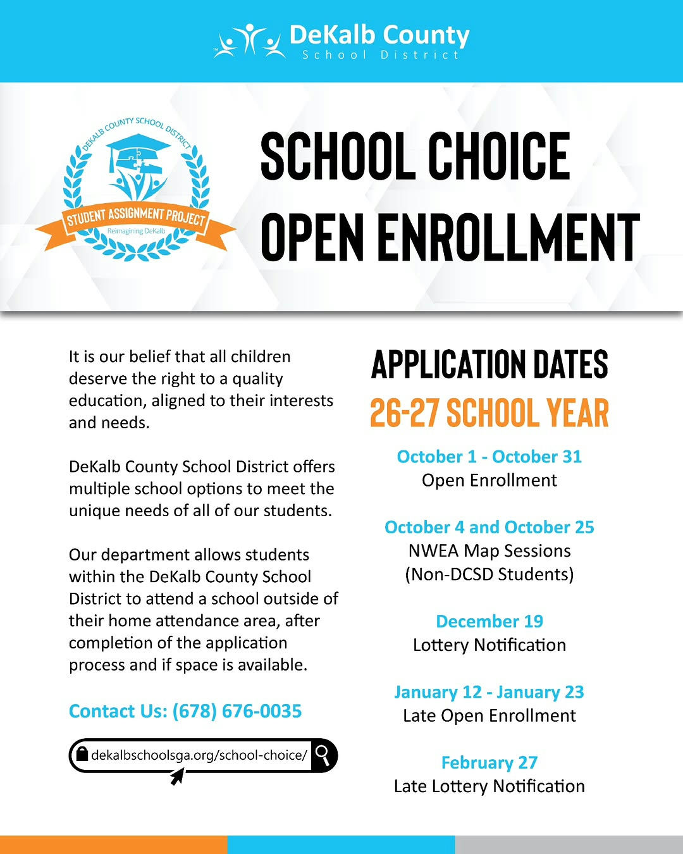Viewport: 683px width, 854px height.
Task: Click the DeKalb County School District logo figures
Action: pyautogui.click(x=249, y=42)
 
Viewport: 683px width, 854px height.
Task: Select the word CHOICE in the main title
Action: pyautogui.click(x=499, y=156)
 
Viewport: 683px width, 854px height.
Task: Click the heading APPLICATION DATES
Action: pyautogui.click(x=489, y=365)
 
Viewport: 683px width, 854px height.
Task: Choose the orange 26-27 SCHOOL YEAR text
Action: pyautogui.click(x=489, y=413)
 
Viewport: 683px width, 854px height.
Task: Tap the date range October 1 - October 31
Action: pyautogui.click(x=489, y=457)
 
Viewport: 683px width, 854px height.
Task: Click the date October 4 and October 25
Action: pyautogui.click(x=489, y=528)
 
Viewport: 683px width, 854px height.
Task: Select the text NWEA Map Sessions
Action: pyautogui.click(x=489, y=551)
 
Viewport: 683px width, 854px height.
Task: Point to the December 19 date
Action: pyautogui.click(x=489, y=621)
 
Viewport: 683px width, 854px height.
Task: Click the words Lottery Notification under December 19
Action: pyautogui.click(x=489, y=645)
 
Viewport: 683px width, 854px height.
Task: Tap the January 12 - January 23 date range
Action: pyautogui.click(x=489, y=692)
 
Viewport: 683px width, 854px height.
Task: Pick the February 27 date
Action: pyautogui.click(x=489, y=763)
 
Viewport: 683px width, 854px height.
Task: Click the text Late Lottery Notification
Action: pyautogui.click(x=489, y=786)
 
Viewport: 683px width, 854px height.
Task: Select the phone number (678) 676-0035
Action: pyautogui.click(x=237, y=711)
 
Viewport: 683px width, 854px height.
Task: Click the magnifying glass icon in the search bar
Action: pyautogui.click(x=323, y=754)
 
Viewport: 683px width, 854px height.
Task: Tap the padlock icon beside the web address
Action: pyautogui.click(x=82, y=754)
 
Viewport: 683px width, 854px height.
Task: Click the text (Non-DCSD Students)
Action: pyautogui.click(x=489, y=574)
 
